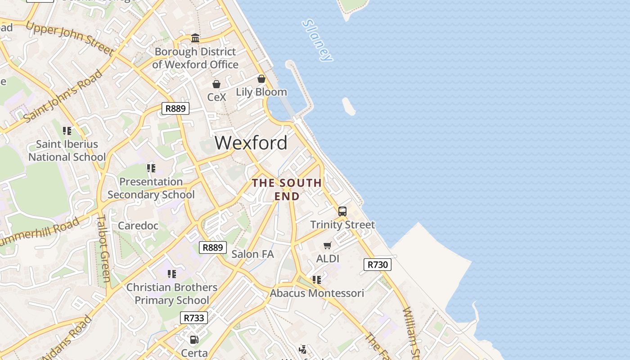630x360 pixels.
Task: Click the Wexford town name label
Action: tap(251, 143)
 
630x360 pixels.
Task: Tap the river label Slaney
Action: tap(318, 40)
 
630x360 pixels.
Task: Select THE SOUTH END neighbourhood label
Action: tap(287, 189)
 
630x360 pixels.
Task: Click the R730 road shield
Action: tap(377, 265)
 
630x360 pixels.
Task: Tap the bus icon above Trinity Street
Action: tap(342, 211)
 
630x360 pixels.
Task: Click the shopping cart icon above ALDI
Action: tap(328, 245)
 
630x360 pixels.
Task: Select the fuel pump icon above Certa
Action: tap(194, 340)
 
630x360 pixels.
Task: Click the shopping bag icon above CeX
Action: tap(216, 84)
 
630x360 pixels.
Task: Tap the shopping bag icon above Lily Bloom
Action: tap(261, 79)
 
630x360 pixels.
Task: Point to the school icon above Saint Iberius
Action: tap(67, 131)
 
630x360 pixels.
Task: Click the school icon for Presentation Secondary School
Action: tap(151, 168)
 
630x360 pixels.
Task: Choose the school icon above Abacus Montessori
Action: tap(317, 280)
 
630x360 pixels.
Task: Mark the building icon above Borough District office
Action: tap(195, 38)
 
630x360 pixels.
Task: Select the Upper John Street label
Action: tap(70, 38)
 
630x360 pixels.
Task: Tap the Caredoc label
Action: tap(138, 225)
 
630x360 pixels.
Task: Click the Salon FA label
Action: tap(252, 254)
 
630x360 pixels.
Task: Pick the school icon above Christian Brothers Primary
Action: tap(171, 274)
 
